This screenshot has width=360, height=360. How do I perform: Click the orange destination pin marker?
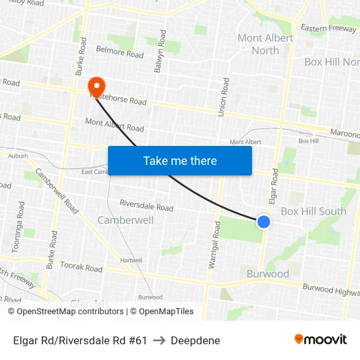point(96,86)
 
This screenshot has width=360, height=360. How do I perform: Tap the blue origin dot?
point(264,222)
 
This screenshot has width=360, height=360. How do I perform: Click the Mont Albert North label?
point(265,44)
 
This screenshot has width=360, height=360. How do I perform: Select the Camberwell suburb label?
point(126,220)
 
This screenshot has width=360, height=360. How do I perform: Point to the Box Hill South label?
point(314,211)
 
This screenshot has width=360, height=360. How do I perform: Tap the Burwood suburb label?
point(268,274)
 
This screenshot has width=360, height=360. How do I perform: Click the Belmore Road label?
point(120,52)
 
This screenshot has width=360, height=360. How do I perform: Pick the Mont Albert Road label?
point(115,124)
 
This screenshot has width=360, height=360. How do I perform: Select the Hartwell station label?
point(131,260)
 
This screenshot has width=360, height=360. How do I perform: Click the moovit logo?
point(321,340)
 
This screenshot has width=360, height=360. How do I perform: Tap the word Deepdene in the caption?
point(195,340)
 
